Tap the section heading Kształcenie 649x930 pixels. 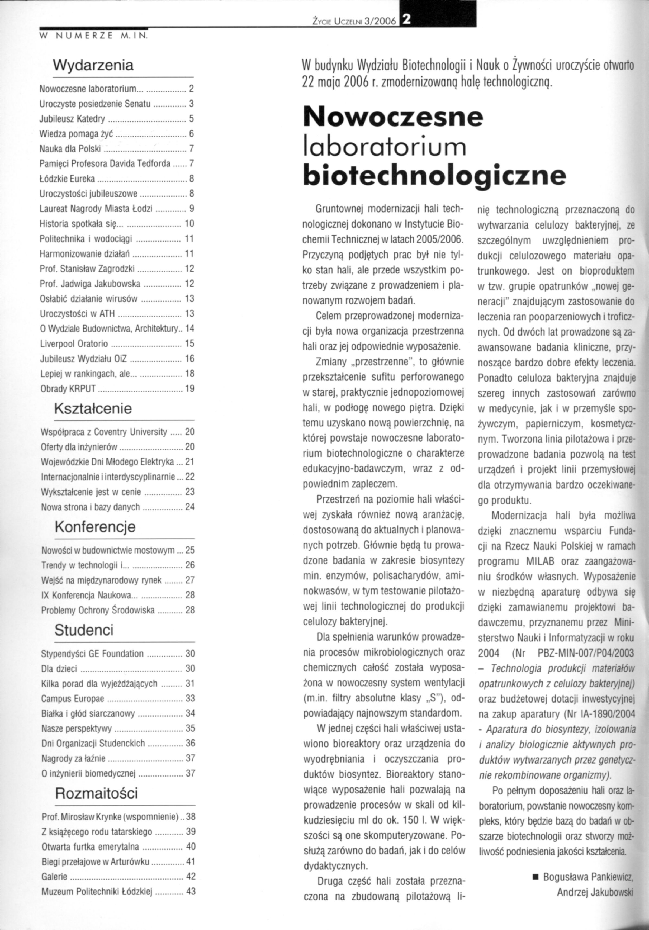coord(93,408)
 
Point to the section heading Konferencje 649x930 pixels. coord(95,527)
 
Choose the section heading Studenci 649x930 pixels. coord(84,630)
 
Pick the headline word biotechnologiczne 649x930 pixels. coord(434,174)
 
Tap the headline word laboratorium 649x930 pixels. coord(385,147)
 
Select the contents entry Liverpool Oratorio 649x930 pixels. coord(74,344)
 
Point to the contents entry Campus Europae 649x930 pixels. coord(73,699)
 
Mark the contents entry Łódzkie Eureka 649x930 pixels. coord(67,179)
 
